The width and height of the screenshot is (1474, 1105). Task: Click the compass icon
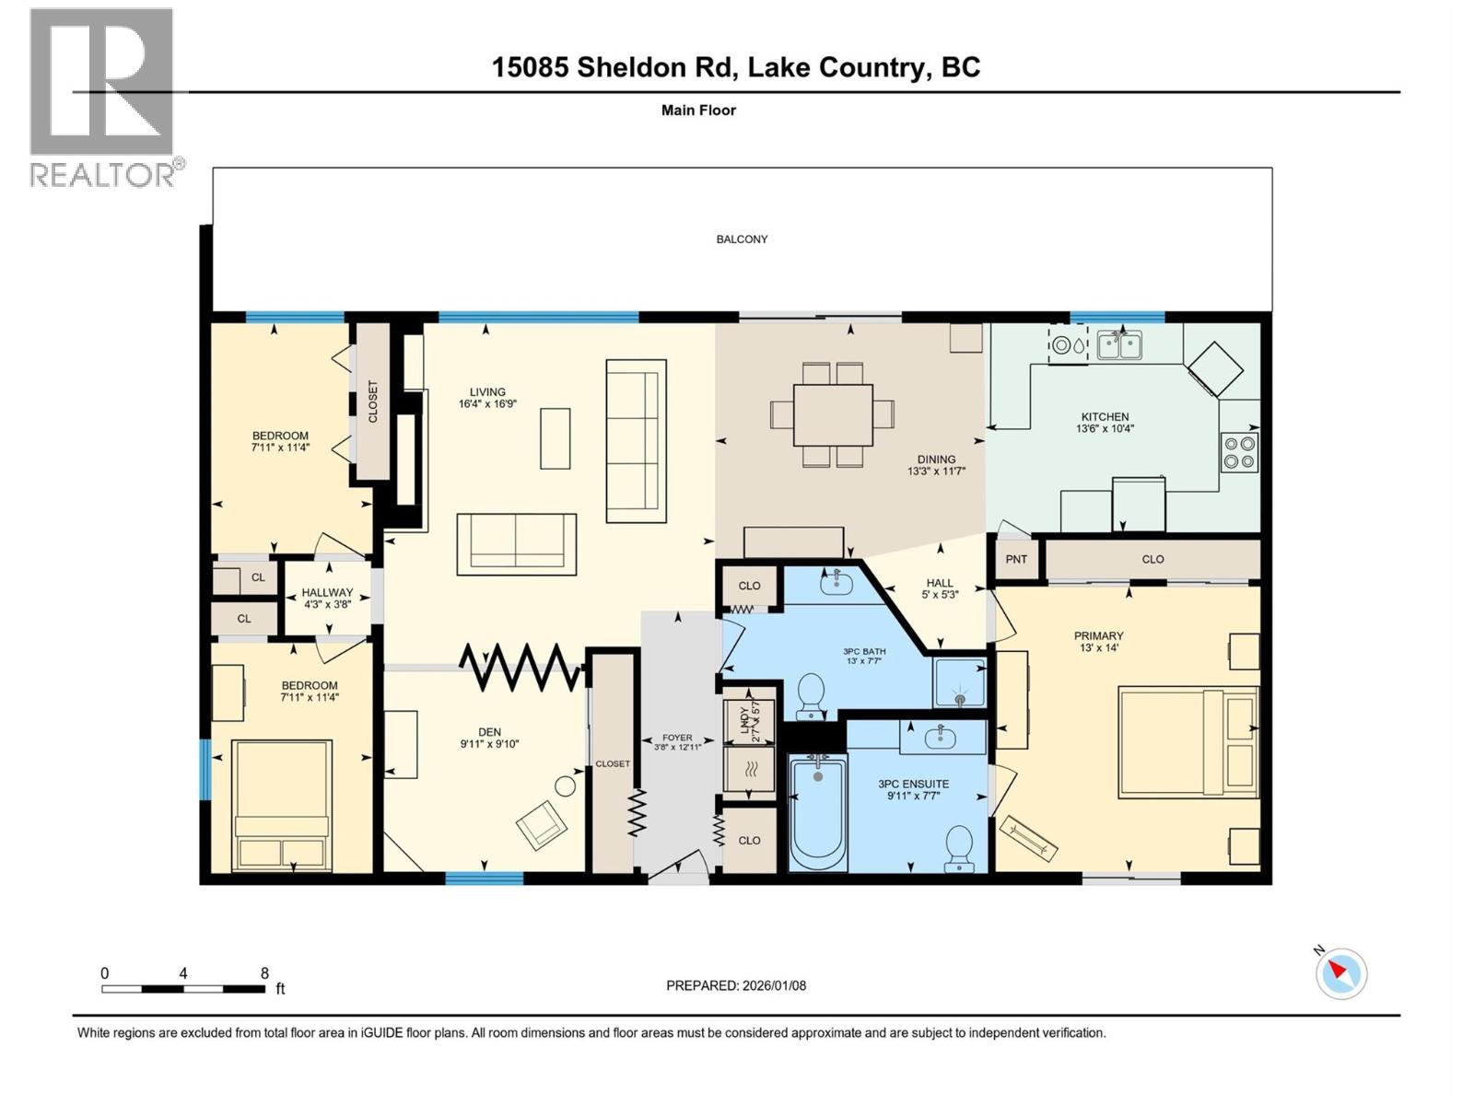1340,973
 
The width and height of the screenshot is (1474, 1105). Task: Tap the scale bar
183,989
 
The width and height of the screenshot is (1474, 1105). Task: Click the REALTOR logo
101,97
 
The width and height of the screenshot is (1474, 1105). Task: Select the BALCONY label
742,239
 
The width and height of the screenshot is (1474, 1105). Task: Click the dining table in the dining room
833,414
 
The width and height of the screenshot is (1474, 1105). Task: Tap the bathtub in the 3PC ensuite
818,811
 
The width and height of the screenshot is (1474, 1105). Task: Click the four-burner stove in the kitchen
1239,452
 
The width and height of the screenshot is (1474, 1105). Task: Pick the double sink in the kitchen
1119,345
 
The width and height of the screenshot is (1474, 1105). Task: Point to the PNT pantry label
1016,559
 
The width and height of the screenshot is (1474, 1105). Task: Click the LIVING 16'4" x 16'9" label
487,398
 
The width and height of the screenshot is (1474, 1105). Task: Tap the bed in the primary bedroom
1188,740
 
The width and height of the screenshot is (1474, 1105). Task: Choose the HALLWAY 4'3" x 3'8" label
327,599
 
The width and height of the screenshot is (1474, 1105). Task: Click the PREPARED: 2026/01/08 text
736,985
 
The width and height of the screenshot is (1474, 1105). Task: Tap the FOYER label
677,742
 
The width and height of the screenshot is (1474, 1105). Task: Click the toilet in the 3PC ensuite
959,847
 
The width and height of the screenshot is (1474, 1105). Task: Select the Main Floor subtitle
698,110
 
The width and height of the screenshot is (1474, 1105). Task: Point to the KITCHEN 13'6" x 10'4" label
1105,422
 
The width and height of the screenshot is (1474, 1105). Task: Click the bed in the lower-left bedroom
282,805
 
